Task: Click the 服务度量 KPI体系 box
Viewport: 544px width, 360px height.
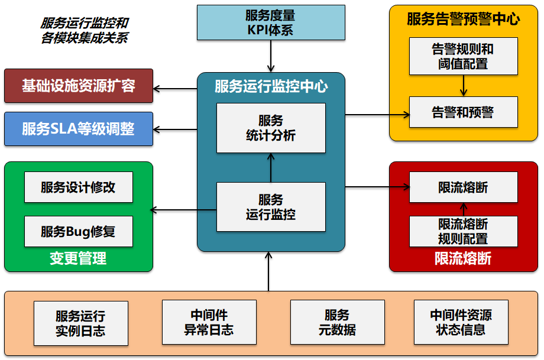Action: [x=270, y=23]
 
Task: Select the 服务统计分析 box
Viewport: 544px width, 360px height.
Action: [x=271, y=128]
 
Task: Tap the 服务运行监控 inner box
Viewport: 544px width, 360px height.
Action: [x=271, y=207]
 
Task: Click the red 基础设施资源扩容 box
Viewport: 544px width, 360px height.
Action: [x=79, y=86]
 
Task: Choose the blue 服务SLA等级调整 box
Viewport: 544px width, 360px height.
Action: [x=79, y=129]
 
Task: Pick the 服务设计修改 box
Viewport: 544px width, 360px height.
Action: [x=78, y=187]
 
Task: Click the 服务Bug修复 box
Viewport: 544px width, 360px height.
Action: [x=78, y=231]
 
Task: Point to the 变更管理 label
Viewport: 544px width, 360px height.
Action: [x=78, y=259]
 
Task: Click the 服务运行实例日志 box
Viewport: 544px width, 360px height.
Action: [x=80, y=323]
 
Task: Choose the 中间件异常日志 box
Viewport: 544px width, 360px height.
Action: [x=209, y=322]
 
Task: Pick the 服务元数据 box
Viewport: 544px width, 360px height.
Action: [x=337, y=322]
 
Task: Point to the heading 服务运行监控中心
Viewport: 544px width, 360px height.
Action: [x=271, y=87]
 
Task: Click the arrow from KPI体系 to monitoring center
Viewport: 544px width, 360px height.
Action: [x=271, y=59]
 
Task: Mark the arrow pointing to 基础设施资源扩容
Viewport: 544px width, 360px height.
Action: [x=175, y=89]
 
